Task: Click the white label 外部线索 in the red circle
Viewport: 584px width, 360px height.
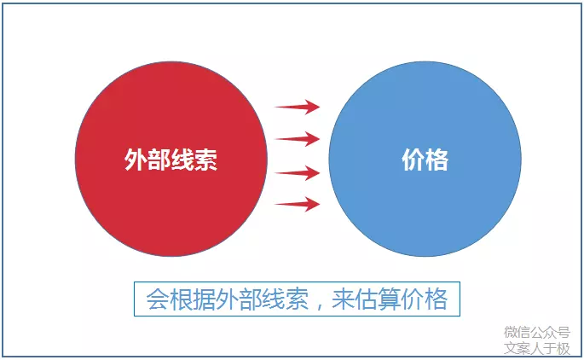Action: [171, 160]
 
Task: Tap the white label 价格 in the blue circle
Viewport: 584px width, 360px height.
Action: [425, 160]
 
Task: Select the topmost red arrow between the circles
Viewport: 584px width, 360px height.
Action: [298, 107]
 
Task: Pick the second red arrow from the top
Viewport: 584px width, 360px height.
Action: [298, 138]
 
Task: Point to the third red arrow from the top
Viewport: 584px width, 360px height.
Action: [298, 172]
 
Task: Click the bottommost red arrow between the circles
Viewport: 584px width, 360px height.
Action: [298, 204]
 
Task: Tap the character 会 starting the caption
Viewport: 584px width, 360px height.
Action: [156, 300]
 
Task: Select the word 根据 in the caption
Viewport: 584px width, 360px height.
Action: [188, 300]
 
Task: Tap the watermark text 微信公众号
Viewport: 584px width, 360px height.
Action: [536, 333]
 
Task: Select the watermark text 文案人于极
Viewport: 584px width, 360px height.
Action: [536, 348]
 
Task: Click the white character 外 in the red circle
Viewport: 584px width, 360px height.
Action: [136, 160]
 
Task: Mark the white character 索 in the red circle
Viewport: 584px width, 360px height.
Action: [205, 160]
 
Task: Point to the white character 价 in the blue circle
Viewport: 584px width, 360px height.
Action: [413, 160]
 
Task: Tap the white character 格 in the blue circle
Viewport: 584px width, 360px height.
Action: [437, 160]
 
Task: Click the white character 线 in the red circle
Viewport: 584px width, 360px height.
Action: [182, 160]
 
